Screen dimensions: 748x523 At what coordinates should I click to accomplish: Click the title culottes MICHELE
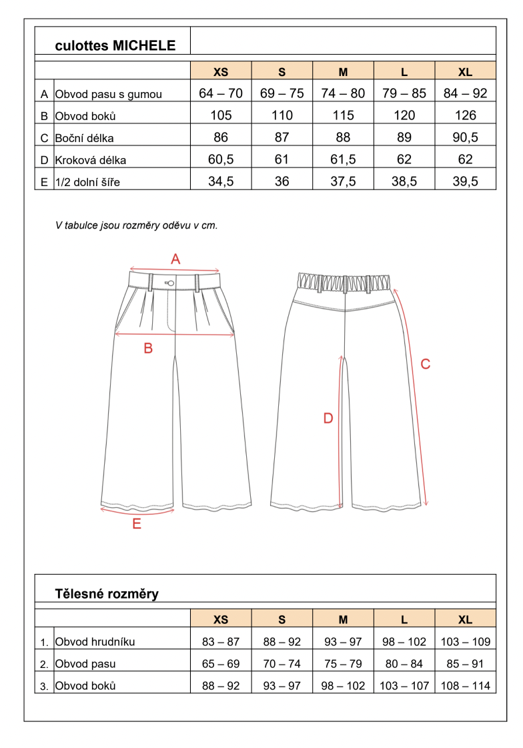115,45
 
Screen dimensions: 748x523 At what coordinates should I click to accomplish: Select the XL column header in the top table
465,72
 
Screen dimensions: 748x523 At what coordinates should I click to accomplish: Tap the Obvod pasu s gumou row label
108,94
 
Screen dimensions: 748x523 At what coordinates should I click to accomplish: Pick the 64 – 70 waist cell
221,93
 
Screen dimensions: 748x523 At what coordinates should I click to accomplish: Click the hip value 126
465,115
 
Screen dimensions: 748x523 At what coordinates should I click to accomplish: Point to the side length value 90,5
465,137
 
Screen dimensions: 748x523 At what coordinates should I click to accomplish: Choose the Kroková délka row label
91,160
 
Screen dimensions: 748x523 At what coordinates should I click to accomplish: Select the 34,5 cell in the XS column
221,181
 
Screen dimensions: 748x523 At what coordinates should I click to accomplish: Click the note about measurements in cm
137,225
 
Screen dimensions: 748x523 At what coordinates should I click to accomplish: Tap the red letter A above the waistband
176,259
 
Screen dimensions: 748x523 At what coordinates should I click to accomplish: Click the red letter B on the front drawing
149,347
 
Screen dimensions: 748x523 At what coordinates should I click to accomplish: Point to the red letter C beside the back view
425,363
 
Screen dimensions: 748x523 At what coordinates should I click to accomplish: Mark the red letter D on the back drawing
328,418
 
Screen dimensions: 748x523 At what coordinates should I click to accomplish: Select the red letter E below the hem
137,524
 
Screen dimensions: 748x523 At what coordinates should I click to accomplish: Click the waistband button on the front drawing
171,283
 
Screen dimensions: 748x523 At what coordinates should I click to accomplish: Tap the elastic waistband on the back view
344,281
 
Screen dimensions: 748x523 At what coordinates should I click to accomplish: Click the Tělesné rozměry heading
107,593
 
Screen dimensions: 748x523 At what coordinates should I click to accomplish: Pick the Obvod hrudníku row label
95,642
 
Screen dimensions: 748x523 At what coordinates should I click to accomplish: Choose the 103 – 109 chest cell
465,642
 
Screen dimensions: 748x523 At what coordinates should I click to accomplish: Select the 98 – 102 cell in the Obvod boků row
343,685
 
